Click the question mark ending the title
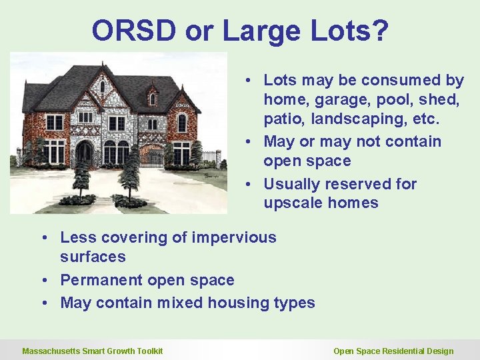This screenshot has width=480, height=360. (x=380, y=31)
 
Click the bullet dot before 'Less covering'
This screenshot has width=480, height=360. (x=43, y=238)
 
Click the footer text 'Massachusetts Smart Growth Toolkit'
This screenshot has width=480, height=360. (x=92, y=351)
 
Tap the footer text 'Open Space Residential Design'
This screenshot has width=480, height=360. (x=393, y=351)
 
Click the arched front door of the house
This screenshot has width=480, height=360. (x=85, y=154)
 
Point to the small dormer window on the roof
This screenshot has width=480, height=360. (x=153, y=98)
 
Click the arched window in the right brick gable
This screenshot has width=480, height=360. (x=182, y=123)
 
